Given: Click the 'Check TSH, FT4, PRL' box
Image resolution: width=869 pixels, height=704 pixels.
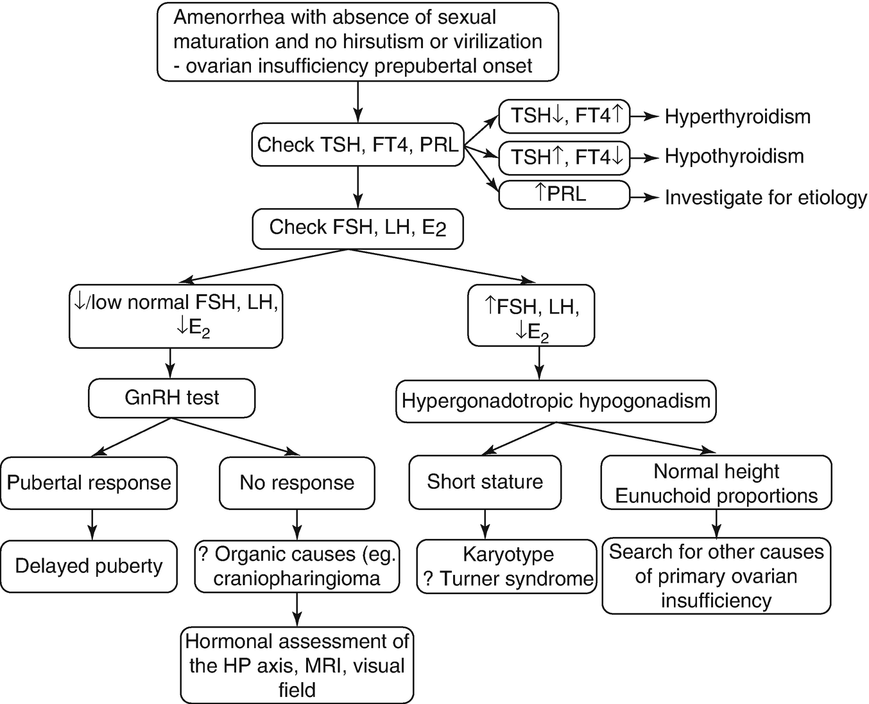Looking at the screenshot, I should [357, 145].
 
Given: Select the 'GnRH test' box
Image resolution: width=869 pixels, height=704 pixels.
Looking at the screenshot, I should [171, 398].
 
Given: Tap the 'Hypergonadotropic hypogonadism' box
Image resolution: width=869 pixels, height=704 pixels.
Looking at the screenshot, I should [556, 401].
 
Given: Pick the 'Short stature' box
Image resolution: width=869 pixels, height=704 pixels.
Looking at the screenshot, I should [485, 482].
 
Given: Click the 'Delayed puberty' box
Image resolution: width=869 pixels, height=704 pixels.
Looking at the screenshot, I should [89, 566].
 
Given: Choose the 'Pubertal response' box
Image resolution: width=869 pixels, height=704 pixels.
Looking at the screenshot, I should [89, 483].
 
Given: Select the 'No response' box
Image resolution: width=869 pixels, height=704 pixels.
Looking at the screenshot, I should [297, 483].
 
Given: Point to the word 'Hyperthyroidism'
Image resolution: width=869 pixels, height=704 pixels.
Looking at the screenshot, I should [737, 116].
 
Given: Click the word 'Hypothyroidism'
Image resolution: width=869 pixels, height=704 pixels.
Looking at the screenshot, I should [734, 156].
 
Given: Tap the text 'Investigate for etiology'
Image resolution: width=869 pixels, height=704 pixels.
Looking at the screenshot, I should [766, 197].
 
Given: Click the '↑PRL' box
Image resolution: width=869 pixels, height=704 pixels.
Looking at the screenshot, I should [564, 194].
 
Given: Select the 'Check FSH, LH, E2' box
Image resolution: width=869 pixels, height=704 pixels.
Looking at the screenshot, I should [357, 228].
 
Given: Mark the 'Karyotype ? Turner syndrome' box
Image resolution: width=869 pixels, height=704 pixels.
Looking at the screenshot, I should [508, 566].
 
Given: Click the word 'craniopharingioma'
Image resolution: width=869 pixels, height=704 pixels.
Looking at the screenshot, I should [297, 578].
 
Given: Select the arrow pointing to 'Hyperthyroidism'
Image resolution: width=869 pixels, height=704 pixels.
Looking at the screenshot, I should [645, 116].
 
